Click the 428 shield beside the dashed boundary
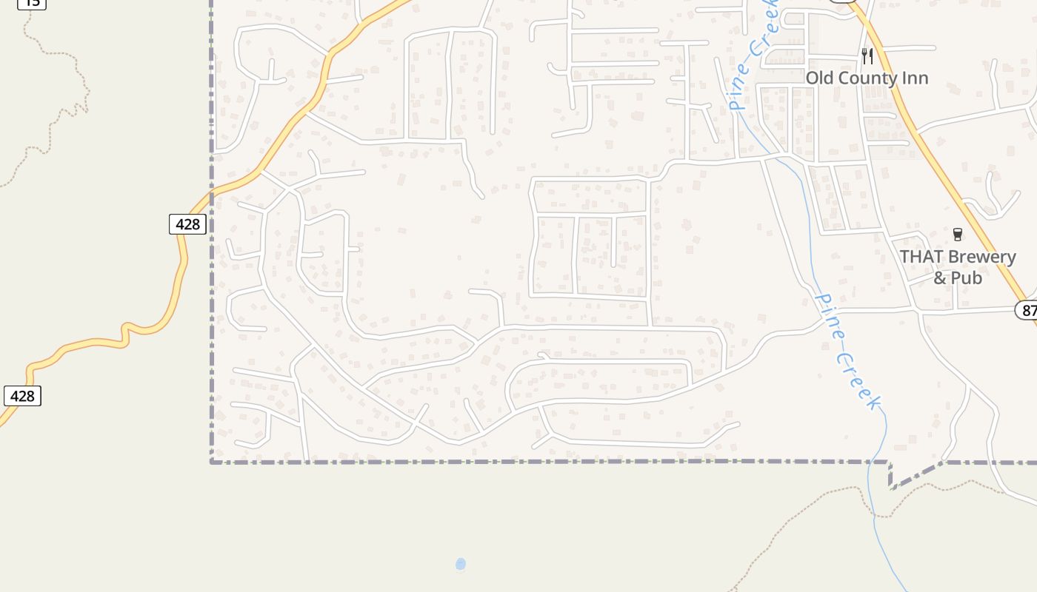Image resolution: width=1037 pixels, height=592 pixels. coord(187,223)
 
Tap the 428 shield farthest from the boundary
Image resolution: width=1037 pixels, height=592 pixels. coord(22,396)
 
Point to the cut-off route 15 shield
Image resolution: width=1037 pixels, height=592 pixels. coord(32,3)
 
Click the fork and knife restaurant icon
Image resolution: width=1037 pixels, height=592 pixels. coord(867,55)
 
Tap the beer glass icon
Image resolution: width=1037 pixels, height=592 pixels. coord(957,235)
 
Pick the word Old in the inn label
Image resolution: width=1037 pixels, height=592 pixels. coord(818,78)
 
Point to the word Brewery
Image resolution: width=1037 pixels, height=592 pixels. coord(982,257)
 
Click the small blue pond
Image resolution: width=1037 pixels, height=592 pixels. coord(461,565)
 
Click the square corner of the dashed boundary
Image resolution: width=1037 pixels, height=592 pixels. coord(213,462)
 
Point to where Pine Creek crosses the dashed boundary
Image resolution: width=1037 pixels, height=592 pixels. coord(879,461)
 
